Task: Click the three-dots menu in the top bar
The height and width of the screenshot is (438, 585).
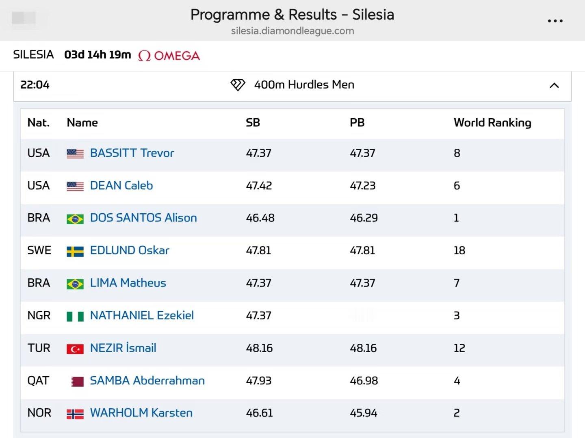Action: pos(555,21)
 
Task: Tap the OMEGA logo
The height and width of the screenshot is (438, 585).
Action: pos(169,56)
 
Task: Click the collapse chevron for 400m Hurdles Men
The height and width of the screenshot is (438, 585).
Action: pos(554,85)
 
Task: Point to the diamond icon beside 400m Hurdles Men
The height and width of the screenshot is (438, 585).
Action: pos(238,85)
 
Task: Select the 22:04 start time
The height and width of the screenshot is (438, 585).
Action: pos(35,85)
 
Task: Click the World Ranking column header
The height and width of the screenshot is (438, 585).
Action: pos(492,123)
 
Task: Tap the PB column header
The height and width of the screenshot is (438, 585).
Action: pos(357,123)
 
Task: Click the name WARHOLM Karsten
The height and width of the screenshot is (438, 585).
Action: pos(141,413)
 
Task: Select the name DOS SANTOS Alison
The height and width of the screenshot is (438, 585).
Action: pos(143,218)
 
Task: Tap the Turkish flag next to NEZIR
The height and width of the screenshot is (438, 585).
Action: pos(75,349)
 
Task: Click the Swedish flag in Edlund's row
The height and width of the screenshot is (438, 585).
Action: pos(75,251)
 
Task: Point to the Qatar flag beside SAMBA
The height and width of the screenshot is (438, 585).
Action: pos(77,382)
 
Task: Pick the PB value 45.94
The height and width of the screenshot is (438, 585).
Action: pos(364,413)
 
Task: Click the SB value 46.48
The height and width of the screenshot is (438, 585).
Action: pos(260,218)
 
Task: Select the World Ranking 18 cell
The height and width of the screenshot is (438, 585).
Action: pos(459,250)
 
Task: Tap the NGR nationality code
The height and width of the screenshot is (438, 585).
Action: pos(39,315)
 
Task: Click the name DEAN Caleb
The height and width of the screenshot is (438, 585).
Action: pos(121,185)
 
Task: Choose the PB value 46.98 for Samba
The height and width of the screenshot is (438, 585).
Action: pos(364,381)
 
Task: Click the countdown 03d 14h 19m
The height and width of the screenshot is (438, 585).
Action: pos(97,54)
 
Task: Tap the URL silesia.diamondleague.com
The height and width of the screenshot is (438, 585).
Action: pos(292,31)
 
